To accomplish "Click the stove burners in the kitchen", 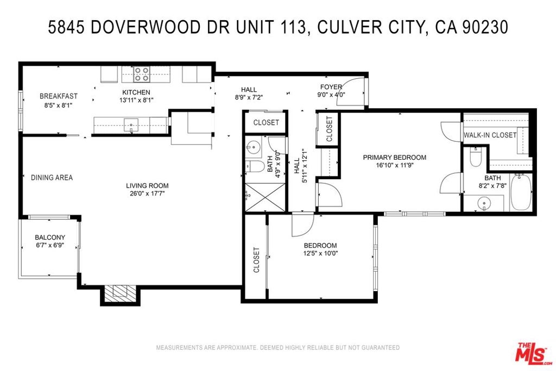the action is click(141, 74).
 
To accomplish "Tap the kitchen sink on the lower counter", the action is click(131, 125).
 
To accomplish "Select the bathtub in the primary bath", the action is click(521, 192).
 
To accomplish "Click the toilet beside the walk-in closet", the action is click(475, 157).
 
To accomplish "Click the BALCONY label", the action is click(50, 237).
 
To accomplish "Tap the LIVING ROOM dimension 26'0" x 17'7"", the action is click(148, 194).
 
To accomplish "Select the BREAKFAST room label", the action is click(59, 96).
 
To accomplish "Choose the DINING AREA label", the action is click(52, 177).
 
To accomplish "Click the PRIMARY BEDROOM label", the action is click(394, 157).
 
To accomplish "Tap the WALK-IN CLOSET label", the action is click(490, 135).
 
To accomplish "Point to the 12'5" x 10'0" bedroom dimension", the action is click(320, 254).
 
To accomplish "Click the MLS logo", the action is click(533, 352).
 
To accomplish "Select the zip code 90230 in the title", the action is click(485, 28).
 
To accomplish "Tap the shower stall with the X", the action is click(265, 197).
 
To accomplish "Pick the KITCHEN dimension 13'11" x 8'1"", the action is click(136, 100).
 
